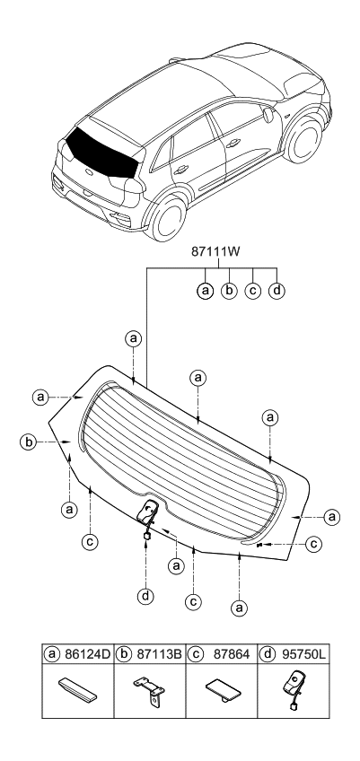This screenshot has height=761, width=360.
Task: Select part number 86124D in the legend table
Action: click(x=87, y=654)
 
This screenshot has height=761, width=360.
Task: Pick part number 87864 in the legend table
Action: click(x=232, y=654)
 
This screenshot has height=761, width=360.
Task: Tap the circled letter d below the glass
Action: click(x=145, y=595)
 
